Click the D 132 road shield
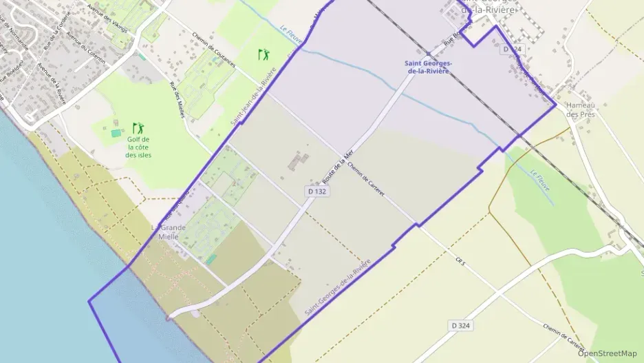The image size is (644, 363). (317, 191)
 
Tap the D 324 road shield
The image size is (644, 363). (461, 324)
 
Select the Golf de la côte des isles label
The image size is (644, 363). (138, 147)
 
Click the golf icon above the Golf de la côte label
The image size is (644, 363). (138, 128)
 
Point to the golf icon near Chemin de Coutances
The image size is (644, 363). (263, 54)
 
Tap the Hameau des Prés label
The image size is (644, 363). (580, 110)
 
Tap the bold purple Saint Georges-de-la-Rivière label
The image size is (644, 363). (428, 66)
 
